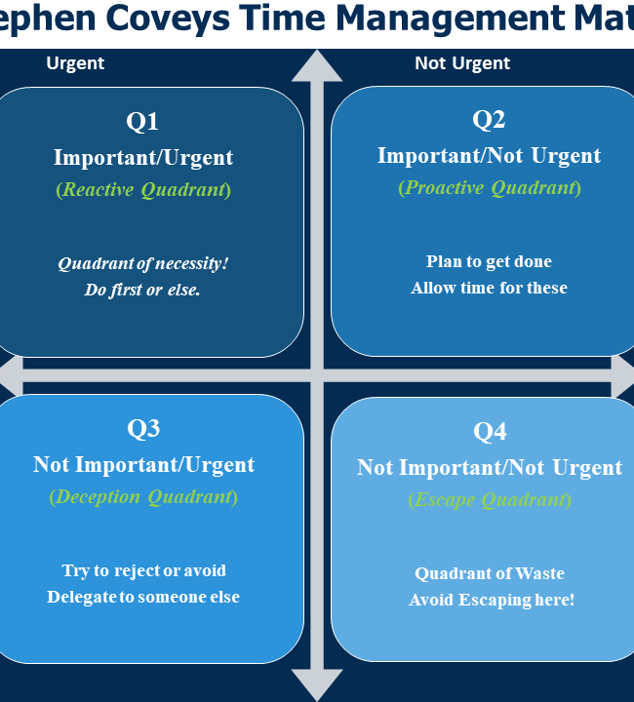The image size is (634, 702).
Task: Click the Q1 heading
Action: (x=142, y=121)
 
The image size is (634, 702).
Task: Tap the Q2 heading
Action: (x=489, y=120)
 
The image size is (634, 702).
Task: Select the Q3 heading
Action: (x=143, y=428)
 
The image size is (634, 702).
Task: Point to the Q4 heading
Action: (x=490, y=432)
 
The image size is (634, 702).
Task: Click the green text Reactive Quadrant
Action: (x=143, y=189)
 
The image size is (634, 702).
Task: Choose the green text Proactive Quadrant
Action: (x=490, y=187)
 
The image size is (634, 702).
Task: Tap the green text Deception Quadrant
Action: (x=143, y=497)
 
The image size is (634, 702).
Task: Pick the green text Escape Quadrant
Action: (x=490, y=499)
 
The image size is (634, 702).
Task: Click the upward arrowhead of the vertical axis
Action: (x=317, y=66)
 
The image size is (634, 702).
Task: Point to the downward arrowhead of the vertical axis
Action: (x=317, y=685)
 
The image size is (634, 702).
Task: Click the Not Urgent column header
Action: (x=462, y=63)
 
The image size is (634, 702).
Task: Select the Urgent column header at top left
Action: (x=75, y=63)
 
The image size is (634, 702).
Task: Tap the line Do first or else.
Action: (x=142, y=290)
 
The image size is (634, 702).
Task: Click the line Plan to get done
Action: (x=489, y=261)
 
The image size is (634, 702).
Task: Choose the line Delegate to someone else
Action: (x=143, y=597)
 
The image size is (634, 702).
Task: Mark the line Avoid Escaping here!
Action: (x=492, y=600)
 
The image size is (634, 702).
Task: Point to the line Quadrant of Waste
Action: (x=490, y=573)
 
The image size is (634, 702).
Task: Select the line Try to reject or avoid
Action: (x=143, y=570)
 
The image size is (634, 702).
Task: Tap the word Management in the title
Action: (x=450, y=18)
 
